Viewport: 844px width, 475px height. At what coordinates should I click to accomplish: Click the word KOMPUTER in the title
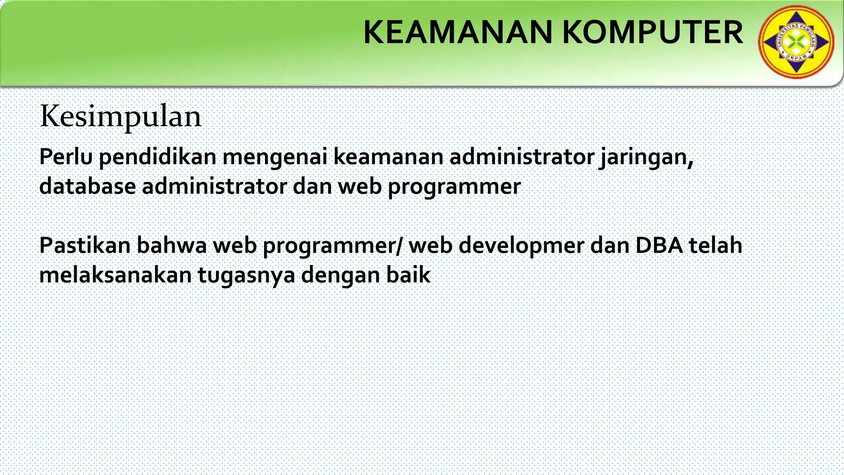coord(652,33)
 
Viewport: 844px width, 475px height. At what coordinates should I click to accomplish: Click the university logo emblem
coord(796,42)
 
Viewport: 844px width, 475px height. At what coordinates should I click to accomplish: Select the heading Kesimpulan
coord(121,117)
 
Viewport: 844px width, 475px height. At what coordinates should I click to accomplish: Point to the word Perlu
coord(66,157)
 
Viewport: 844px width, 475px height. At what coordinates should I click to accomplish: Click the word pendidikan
coord(157,158)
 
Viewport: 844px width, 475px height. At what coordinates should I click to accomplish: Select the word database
coord(87,186)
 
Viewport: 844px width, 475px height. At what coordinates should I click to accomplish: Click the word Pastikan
coord(84,245)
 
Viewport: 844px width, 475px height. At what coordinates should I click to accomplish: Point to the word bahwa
coord(171,245)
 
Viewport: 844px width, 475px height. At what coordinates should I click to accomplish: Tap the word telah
coord(716,245)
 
